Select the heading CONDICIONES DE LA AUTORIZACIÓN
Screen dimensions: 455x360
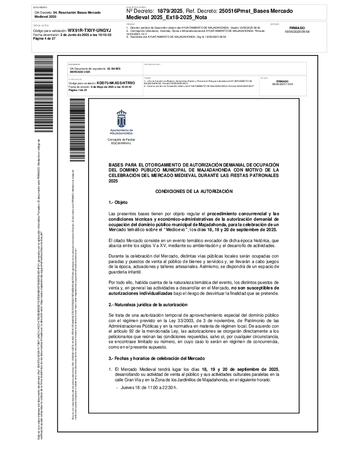[194, 192]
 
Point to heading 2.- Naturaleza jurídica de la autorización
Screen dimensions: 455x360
[148, 304]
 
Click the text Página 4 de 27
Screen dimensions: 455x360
[45, 39]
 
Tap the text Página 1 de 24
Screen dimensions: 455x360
[78, 90]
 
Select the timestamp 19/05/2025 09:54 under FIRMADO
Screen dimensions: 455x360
[297, 32]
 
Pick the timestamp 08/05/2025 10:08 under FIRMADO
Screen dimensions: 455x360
[282, 84]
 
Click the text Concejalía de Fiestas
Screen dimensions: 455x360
[121, 139]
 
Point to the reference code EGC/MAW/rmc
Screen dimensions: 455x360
[121, 143]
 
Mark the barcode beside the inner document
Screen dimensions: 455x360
[76, 130]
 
